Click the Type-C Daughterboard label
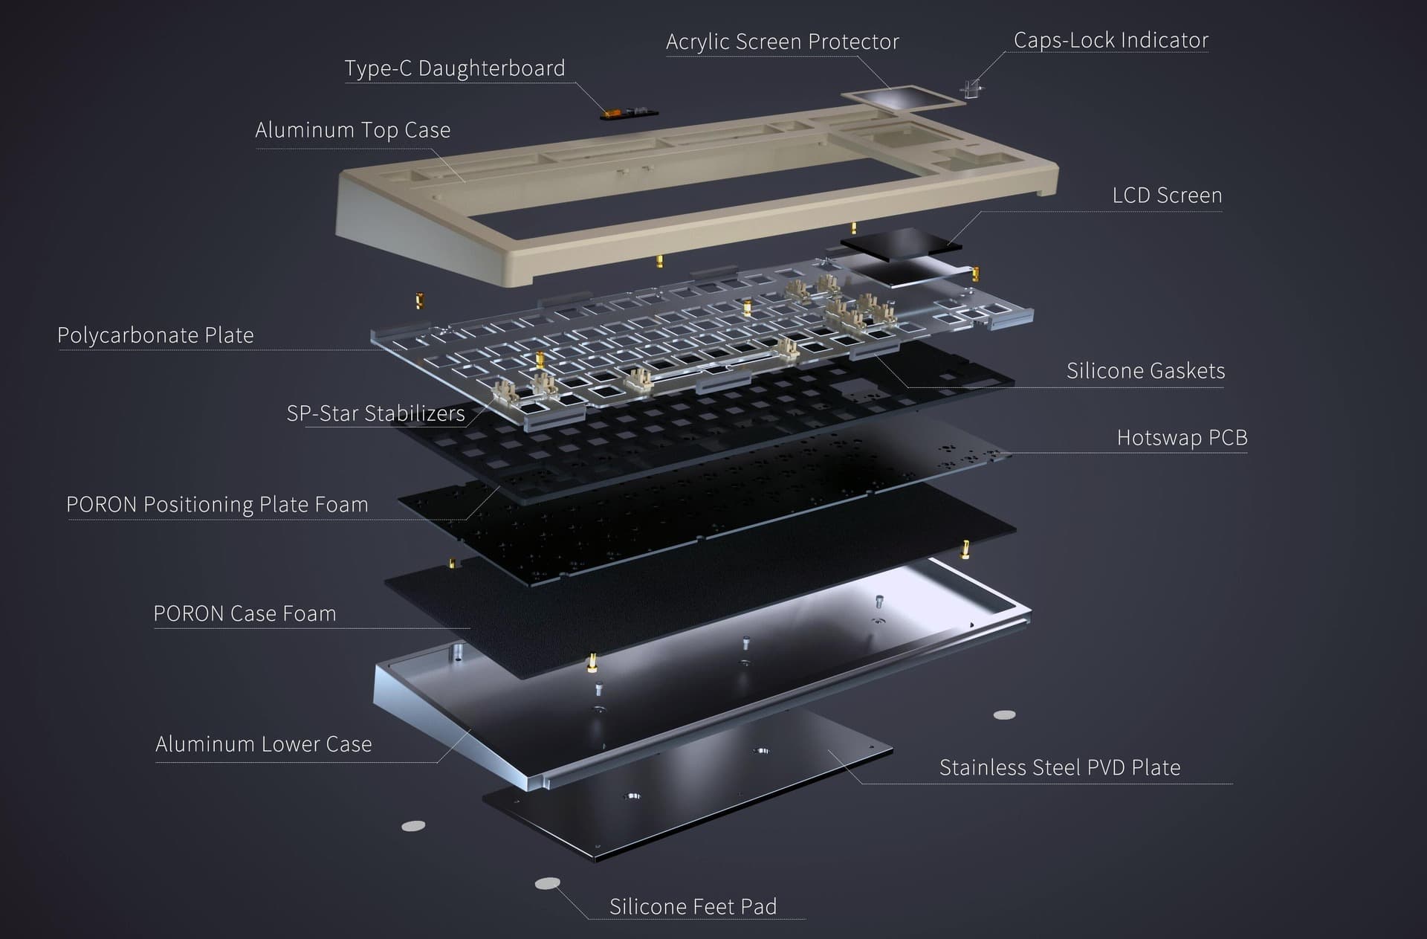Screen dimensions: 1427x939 pos(454,68)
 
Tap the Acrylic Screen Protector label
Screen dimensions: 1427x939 pos(782,42)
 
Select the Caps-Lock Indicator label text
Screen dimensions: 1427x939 pos(1111,40)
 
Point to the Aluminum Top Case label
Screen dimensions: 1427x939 pos(352,130)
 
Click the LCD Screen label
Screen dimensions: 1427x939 pos(1167,196)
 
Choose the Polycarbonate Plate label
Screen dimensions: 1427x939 pos(155,335)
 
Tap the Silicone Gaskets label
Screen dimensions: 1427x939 pos(1145,371)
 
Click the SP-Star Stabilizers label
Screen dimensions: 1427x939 pos(375,413)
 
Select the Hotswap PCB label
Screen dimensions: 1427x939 pos(1182,438)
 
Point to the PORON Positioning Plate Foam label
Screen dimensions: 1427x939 pos(217,505)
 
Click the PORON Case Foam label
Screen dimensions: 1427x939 pos(245,613)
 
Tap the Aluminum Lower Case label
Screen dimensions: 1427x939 pos(263,744)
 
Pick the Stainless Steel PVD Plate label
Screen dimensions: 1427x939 pos(1060,767)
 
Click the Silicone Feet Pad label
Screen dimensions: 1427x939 pos(693,907)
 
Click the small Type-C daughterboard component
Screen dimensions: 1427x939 pos(630,114)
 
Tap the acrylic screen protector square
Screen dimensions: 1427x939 pos(903,98)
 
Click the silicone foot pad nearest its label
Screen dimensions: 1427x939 pos(548,883)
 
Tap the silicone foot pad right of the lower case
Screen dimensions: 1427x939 pos(1005,715)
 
